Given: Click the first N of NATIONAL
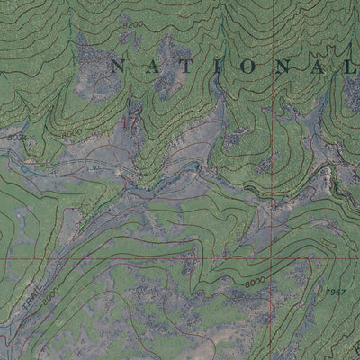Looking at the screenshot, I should [x=115, y=65].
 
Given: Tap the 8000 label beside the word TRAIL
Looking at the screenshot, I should [x=49, y=293].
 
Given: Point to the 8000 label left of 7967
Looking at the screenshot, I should [x=254, y=283].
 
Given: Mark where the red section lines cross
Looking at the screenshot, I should [x=273, y=258].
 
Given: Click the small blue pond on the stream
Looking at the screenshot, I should [x=193, y=166].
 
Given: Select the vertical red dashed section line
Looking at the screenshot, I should [x=273, y=135].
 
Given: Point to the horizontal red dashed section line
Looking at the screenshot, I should [x=135, y=258].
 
